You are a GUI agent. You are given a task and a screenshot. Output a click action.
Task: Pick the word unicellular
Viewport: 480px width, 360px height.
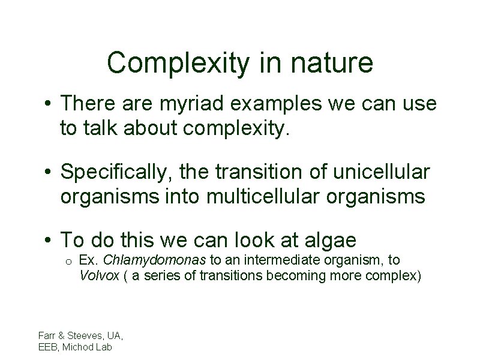(382, 173)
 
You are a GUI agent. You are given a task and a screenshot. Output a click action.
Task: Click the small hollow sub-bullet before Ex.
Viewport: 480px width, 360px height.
(69, 263)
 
